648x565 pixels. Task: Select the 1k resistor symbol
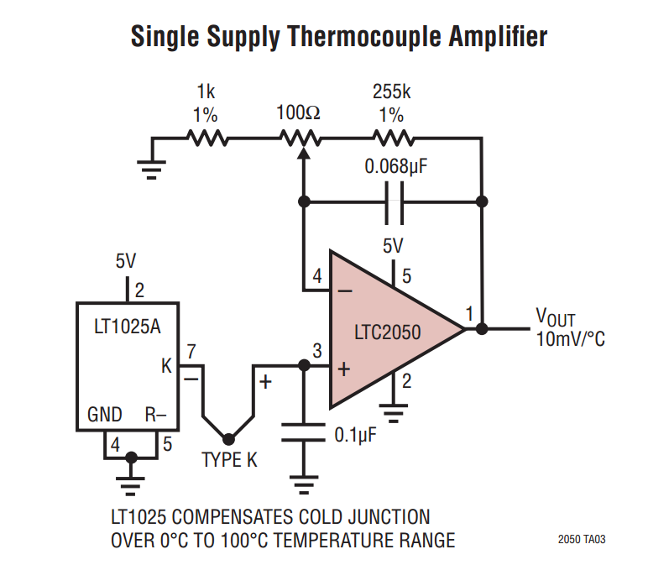coord(206,138)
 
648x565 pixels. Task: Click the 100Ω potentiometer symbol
coord(301,139)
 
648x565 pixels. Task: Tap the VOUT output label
coord(555,317)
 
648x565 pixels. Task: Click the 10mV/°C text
coord(570,339)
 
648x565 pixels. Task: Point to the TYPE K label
coord(229,460)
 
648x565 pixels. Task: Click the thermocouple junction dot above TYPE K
coord(227,437)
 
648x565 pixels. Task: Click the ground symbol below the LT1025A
coord(130,484)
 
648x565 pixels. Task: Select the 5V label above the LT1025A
coord(126,262)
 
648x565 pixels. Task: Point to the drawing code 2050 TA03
coord(581,540)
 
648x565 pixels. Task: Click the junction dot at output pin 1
coord(482,329)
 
